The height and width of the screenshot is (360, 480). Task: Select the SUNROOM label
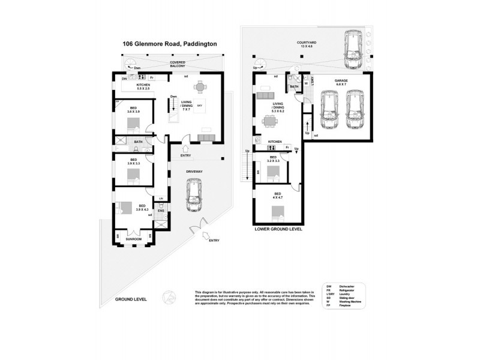(x=133, y=239)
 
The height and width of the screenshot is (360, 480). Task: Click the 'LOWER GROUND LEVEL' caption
(x=277, y=229)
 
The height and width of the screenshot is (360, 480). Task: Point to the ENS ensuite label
(x=161, y=211)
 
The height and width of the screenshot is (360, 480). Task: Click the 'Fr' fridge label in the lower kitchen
(x=287, y=147)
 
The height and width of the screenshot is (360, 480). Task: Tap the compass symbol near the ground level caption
(x=169, y=296)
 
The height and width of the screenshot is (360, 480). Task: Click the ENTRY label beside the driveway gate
(x=214, y=241)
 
